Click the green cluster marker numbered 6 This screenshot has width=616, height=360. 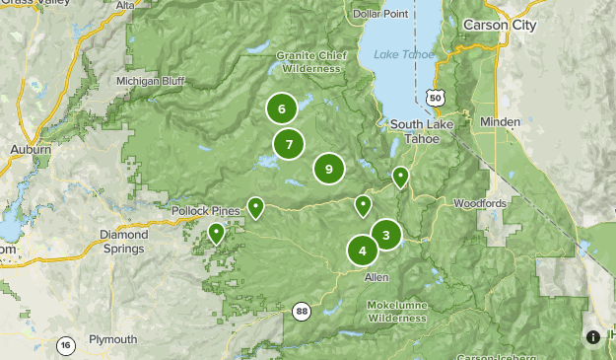[282, 109]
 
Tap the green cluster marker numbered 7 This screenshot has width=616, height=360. [289, 145]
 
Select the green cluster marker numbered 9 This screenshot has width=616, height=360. [329, 170]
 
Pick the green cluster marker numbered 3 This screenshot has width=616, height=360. [385, 235]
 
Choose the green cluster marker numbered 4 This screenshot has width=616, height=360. [363, 251]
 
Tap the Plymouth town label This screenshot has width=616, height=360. [112, 339]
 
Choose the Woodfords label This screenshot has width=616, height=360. [480, 203]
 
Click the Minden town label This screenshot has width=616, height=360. [501, 120]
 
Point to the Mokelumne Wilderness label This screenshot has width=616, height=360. [397, 312]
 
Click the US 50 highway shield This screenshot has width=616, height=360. [435, 97]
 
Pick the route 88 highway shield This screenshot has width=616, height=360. [301, 312]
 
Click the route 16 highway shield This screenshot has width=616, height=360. [66, 345]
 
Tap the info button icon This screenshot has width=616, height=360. [593, 337]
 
